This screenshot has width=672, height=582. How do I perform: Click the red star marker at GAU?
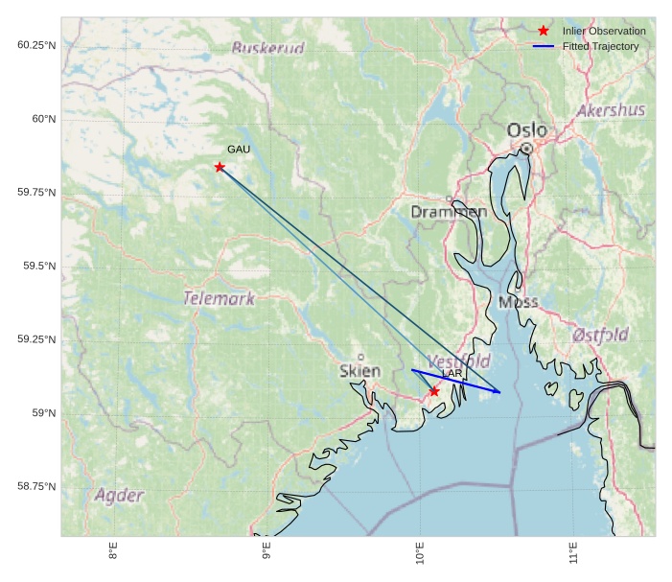pyautogui.click(x=220, y=167)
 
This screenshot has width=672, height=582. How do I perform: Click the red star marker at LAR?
pyautogui.click(x=434, y=391)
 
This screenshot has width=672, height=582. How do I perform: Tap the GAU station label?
pyautogui.click(x=239, y=150)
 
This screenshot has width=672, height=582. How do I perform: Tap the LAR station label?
pyautogui.click(x=452, y=373)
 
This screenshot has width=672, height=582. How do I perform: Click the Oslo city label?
pyautogui.click(x=526, y=130)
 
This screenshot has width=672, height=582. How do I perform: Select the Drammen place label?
pyautogui.click(x=449, y=211)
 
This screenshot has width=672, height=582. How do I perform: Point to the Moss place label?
pyautogui.click(x=519, y=302)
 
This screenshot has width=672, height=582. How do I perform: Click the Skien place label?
pyautogui.click(x=359, y=371)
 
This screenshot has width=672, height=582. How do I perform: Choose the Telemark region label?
pyautogui.click(x=220, y=298)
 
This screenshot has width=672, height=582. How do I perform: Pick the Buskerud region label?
pyautogui.click(x=268, y=48)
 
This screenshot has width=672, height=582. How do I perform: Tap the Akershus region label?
pyautogui.click(x=611, y=110)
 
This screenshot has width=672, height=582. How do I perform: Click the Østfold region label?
pyautogui.click(x=600, y=335)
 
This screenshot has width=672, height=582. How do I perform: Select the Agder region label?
pyautogui.click(x=119, y=496)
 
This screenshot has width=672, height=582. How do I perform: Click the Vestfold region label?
pyautogui.click(x=459, y=361)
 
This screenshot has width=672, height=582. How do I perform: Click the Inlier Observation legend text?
pyautogui.click(x=604, y=32)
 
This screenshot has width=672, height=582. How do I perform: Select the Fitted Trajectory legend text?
pyautogui.click(x=600, y=46)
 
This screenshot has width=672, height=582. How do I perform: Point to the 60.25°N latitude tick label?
pyautogui.click(x=36, y=45)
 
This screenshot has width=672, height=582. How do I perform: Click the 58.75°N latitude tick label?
pyautogui.click(x=36, y=486)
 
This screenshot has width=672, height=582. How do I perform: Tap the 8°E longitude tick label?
pyautogui.click(x=113, y=554)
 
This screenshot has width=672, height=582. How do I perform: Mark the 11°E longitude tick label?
pyautogui.click(x=572, y=554)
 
